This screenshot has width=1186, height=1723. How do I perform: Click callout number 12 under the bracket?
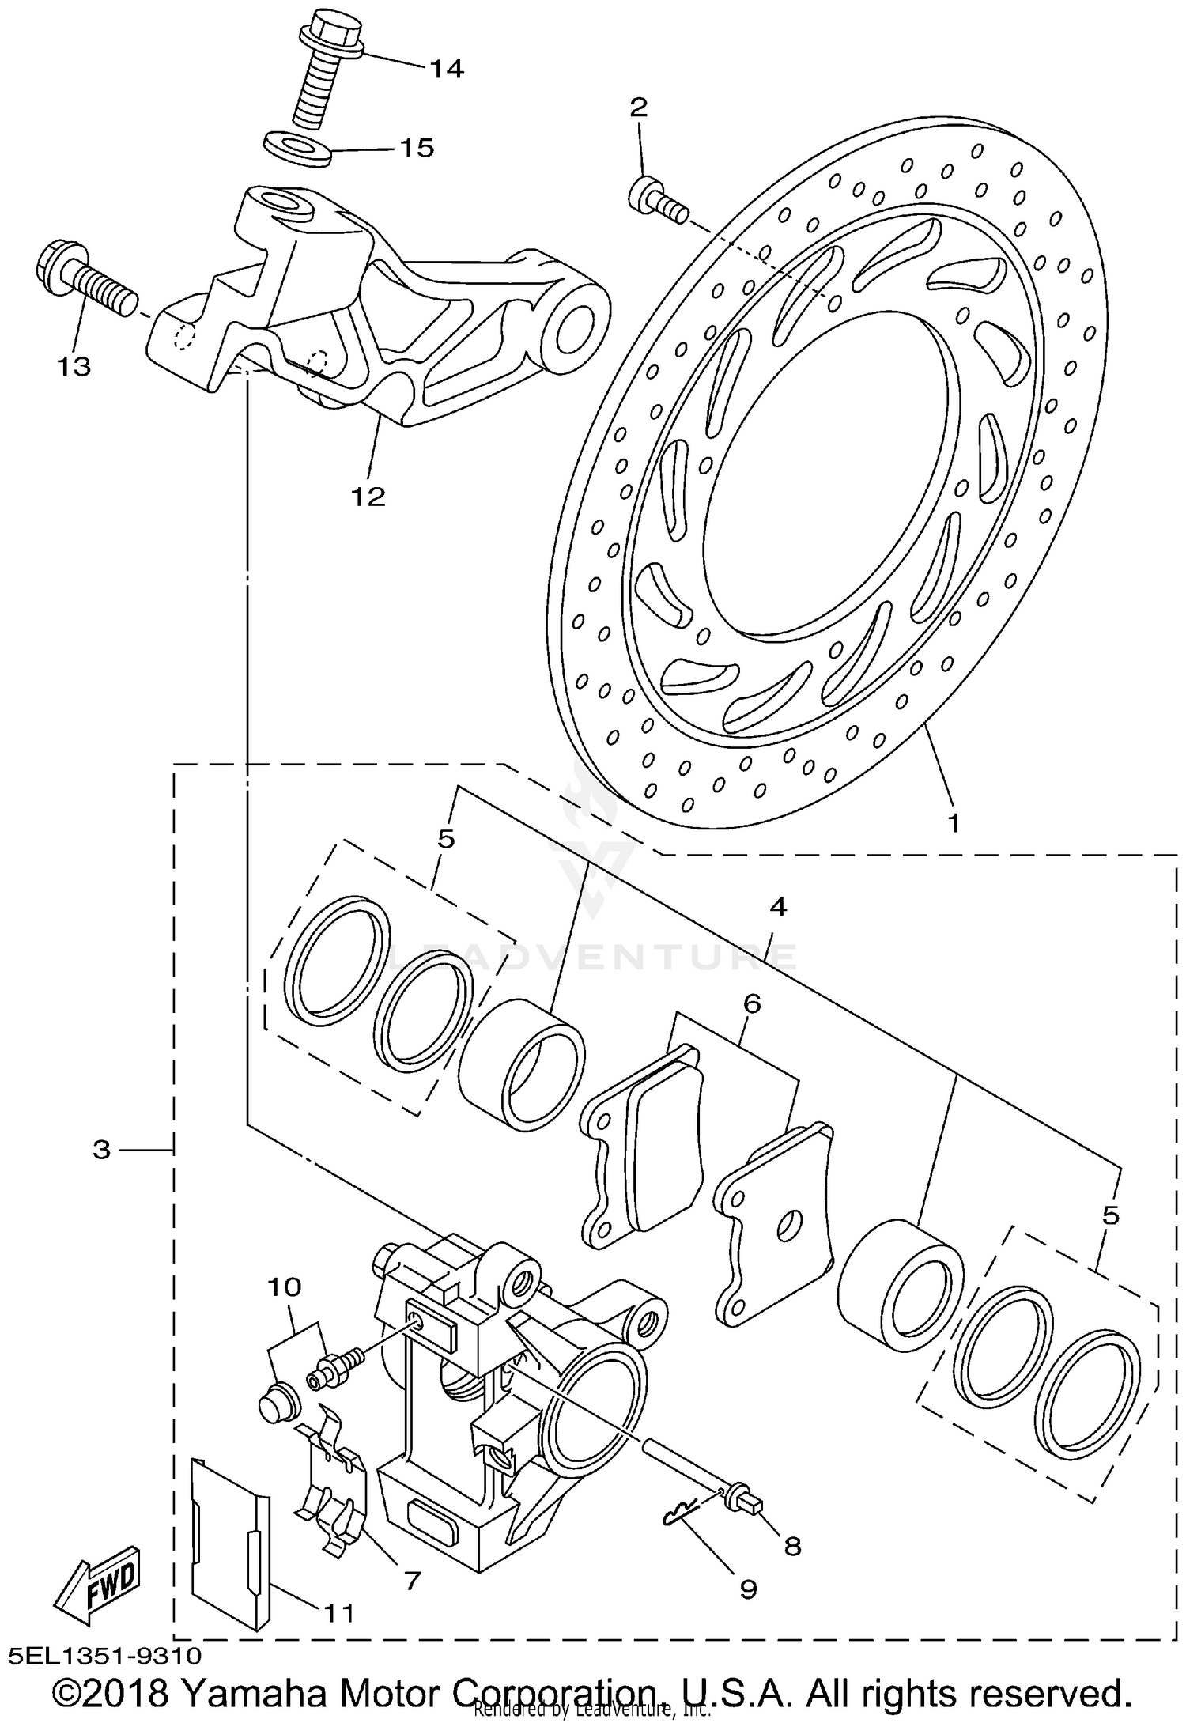point(368,496)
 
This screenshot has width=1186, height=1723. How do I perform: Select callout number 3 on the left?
point(101,1149)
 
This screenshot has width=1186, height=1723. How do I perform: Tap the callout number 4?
point(778,907)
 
